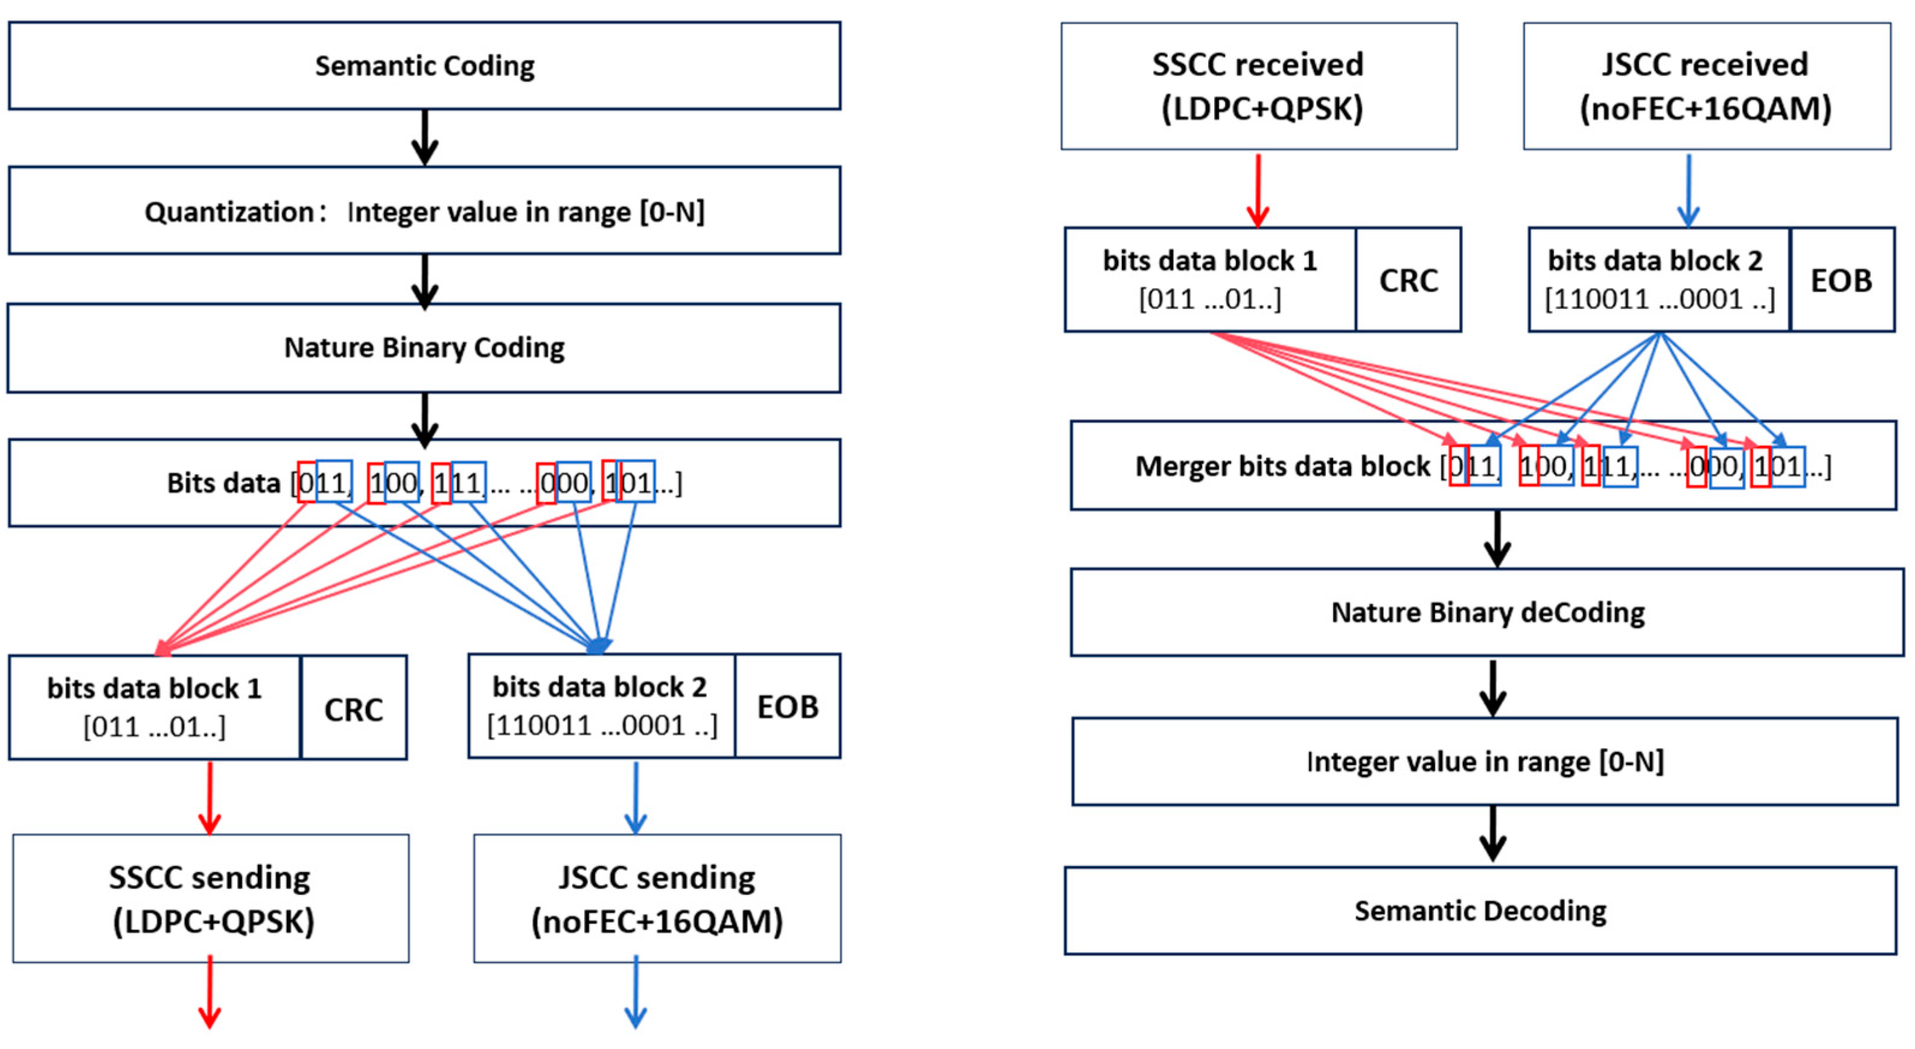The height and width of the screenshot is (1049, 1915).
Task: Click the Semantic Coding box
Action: [x=425, y=65]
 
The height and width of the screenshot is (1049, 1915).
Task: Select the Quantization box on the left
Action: [x=425, y=211]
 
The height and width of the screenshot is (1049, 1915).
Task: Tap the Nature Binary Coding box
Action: [x=425, y=347]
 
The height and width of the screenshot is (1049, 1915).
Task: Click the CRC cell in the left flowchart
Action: [x=354, y=708]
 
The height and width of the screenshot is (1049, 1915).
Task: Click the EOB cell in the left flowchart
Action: [x=787, y=707]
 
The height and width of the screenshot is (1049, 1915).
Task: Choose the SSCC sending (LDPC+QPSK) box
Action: [x=211, y=898]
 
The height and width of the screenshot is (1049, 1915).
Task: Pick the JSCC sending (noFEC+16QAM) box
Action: [x=657, y=898]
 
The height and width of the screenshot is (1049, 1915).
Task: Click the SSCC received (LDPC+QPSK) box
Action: [x=1259, y=86]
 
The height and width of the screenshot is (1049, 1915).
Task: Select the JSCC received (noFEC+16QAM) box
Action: [x=1706, y=86]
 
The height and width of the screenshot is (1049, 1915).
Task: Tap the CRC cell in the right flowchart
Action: [x=1408, y=280]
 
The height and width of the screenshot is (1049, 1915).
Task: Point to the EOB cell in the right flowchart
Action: [x=1841, y=280]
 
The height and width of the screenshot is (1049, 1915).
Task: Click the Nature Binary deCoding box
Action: [x=1487, y=612]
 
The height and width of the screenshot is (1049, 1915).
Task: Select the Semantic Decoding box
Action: [x=1480, y=910]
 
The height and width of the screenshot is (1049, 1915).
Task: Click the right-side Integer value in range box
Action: [x=1485, y=761]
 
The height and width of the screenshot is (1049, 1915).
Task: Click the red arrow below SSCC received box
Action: [x=1258, y=190]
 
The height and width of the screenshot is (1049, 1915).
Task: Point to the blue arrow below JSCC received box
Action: [x=1688, y=190]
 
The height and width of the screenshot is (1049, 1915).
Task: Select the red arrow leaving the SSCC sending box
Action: [x=211, y=993]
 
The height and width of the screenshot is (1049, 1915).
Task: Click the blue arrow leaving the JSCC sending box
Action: [x=635, y=993]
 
